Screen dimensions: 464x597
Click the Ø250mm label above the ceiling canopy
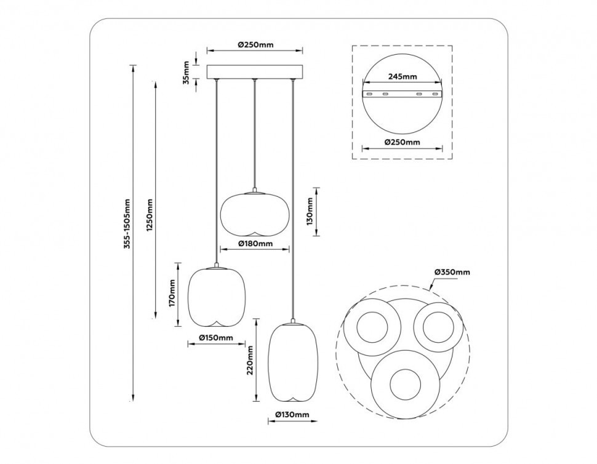(x=255, y=45)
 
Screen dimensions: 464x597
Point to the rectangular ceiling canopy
(x=255, y=72)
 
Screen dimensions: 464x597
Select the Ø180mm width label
(x=255, y=244)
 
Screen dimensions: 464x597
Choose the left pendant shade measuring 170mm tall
(x=216, y=295)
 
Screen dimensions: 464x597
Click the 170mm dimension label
(x=173, y=294)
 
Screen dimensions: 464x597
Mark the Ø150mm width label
(x=216, y=338)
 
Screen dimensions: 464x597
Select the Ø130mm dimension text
(x=292, y=415)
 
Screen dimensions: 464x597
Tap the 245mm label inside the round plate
(x=403, y=77)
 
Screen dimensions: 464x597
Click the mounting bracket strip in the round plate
(x=403, y=94)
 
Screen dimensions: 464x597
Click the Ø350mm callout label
(x=452, y=272)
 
